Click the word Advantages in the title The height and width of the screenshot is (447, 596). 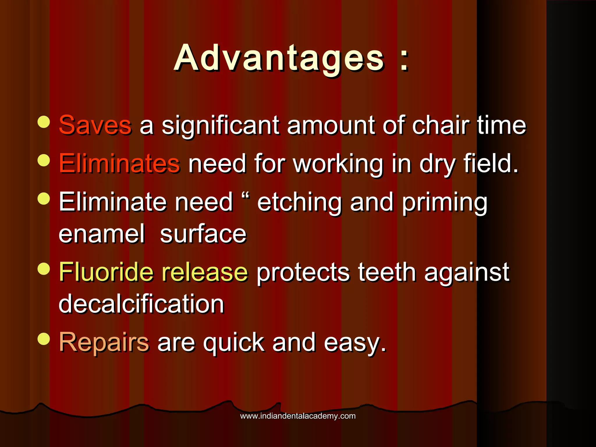click(x=279, y=58)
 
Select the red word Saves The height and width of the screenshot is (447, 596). click(x=95, y=125)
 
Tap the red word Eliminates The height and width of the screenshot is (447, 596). click(x=119, y=163)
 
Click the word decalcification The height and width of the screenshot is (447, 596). click(x=141, y=304)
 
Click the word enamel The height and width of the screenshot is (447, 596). click(x=102, y=234)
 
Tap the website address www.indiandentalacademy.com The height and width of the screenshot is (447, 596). click(x=298, y=416)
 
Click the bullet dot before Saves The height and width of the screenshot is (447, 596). click(x=44, y=122)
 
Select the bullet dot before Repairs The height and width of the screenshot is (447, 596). click(x=44, y=339)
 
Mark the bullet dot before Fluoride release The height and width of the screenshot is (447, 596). click(x=44, y=269)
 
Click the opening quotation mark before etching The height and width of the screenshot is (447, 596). click(x=246, y=194)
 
